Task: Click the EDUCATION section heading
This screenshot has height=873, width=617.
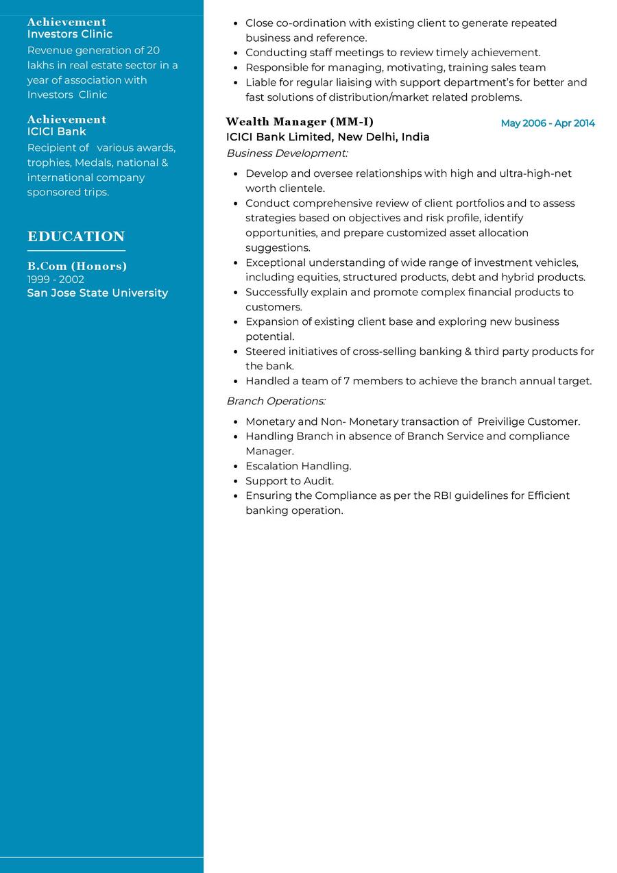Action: click(76, 236)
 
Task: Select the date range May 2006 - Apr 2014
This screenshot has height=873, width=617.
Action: click(548, 123)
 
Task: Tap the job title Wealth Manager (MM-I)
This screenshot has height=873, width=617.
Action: click(300, 122)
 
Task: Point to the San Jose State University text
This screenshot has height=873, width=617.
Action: click(97, 293)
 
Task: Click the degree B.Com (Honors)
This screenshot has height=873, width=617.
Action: click(77, 266)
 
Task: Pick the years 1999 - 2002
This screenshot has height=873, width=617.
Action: click(56, 279)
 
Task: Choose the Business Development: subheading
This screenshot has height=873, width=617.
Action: click(287, 153)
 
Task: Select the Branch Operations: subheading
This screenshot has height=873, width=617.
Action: click(276, 401)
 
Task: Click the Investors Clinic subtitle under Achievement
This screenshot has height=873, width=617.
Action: click(70, 34)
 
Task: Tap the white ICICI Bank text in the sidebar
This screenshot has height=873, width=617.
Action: click(56, 131)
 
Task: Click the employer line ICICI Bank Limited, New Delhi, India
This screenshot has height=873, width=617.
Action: click(328, 137)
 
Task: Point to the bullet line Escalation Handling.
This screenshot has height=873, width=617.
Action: click(298, 466)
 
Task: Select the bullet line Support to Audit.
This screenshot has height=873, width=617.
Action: click(289, 481)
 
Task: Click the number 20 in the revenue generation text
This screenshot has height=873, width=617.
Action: click(153, 50)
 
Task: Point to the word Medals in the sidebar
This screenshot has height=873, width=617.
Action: click(93, 162)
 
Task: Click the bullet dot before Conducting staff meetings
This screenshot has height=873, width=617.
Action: click(235, 53)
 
